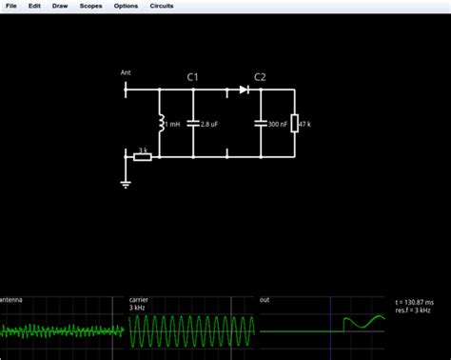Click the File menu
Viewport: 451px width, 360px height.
(x=11, y=6)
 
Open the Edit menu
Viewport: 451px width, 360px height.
(x=34, y=6)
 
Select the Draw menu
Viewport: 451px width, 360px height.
(x=60, y=6)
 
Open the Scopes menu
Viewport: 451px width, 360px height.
(x=91, y=6)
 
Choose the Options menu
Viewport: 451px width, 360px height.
(x=126, y=6)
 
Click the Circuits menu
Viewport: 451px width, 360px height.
(x=162, y=6)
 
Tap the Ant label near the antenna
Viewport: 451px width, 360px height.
(x=126, y=72)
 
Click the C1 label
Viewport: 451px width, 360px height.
(x=192, y=76)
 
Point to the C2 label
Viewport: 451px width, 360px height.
(x=260, y=76)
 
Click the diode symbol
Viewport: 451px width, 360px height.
(x=244, y=90)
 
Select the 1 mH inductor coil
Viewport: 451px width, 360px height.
(x=160, y=124)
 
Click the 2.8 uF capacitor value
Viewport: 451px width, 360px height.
(x=211, y=124)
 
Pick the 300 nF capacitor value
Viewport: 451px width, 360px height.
(x=279, y=124)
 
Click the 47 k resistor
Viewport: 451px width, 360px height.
(x=295, y=124)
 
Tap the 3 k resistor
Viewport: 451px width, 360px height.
(x=143, y=155)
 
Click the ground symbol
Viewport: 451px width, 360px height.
(x=126, y=183)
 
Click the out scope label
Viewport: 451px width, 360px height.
(x=265, y=300)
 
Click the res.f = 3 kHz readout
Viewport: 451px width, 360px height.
(x=414, y=310)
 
